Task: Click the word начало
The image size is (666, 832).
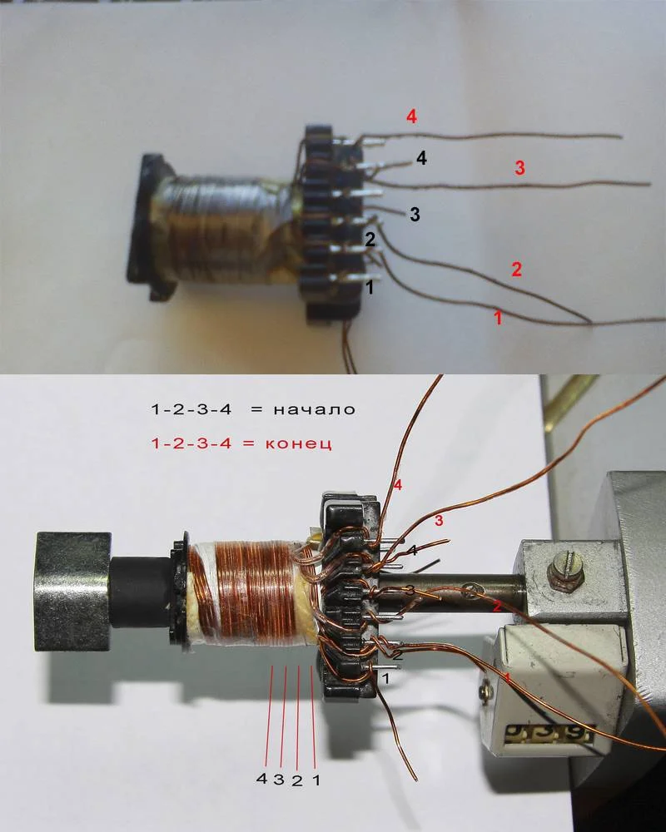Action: tap(314, 409)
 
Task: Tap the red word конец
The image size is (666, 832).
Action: tap(299, 443)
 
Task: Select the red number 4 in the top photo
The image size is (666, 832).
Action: tap(411, 116)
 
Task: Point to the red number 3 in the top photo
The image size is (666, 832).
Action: tap(520, 168)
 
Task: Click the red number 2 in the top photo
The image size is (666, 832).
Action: tap(516, 269)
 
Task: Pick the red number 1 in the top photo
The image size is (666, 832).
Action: tap(498, 317)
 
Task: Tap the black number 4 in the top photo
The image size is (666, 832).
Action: tap(421, 157)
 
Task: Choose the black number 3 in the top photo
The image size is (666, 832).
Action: tap(415, 215)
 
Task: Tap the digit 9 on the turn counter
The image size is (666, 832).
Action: tap(579, 735)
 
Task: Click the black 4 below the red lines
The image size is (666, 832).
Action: tap(261, 779)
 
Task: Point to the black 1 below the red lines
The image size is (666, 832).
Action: tap(316, 780)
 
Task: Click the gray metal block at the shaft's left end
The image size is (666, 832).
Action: tap(72, 592)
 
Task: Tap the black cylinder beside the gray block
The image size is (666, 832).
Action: tap(142, 591)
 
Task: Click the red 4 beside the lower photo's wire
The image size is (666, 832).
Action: tap(398, 484)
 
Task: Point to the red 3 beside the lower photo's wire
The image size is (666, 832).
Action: tap(439, 521)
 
